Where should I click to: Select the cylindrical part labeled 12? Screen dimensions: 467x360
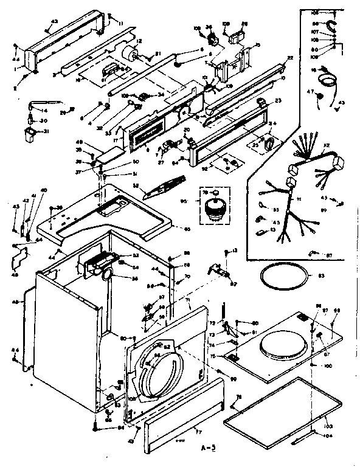[x=128, y=54]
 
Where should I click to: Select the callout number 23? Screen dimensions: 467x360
[x=279, y=101]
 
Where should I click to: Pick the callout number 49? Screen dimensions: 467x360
[x=89, y=144]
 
